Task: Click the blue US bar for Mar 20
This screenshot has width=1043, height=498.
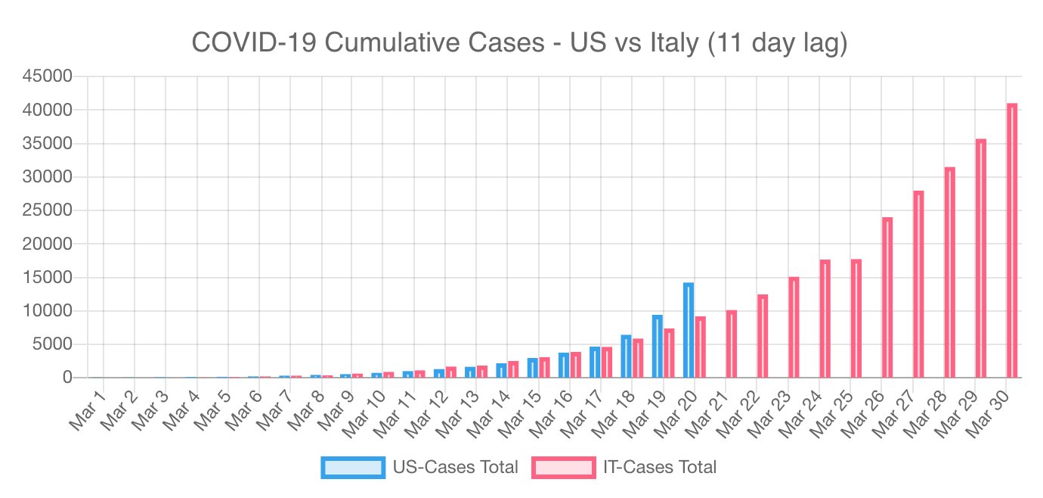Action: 689,330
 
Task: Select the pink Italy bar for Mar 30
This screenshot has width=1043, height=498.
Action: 1012,241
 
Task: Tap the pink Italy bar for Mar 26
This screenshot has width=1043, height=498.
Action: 887,297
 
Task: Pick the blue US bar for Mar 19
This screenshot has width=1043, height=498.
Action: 658,346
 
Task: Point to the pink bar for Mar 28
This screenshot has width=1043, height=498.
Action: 950,272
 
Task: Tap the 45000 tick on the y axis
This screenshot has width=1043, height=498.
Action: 47,76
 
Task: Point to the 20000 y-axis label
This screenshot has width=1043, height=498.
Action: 47,244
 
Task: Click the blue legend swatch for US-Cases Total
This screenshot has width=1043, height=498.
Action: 352,467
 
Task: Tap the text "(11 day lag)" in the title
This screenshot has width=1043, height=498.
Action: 778,43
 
